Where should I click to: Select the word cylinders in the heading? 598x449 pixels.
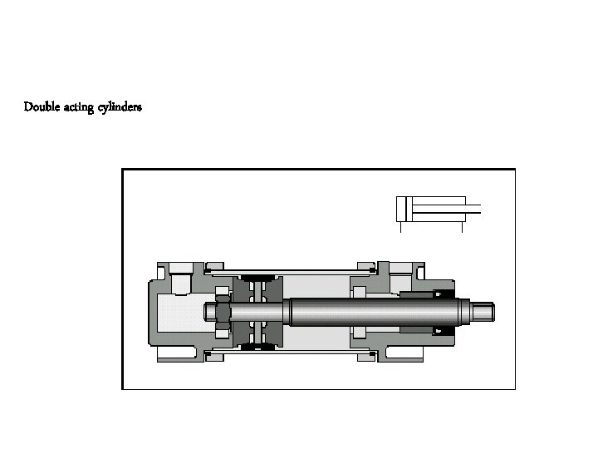point(120,107)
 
